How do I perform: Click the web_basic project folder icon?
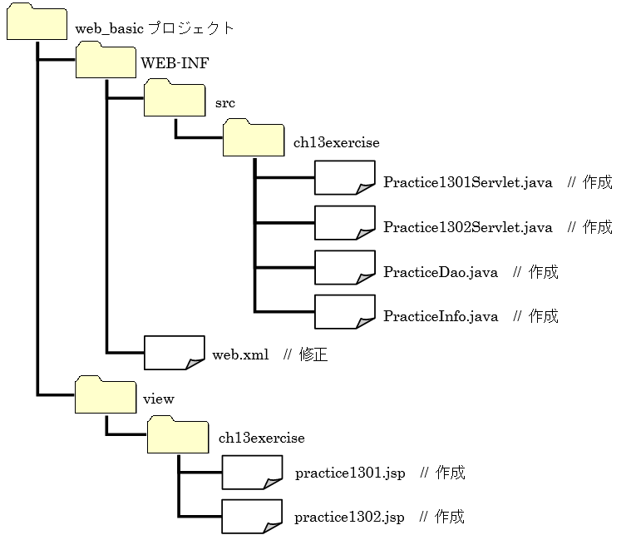click(x=37, y=22)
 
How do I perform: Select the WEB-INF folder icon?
click(x=105, y=61)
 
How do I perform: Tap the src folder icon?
click(x=174, y=100)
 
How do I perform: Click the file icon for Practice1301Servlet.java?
click(x=345, y=178)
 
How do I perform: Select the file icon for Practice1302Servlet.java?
click(x=345, y=223)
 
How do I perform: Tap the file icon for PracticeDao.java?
click(x=345, y=267)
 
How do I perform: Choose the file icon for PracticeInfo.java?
click(x=345, y=312)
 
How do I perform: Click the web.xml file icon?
click(x=175, y=353)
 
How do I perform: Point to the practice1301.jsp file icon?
click(x=253, y=473)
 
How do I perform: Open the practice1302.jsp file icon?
click(x=253, y=517)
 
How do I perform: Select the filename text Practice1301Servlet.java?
click(x=467, y=183)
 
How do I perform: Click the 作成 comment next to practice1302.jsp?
click(x=450, y=518)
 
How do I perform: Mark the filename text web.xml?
click(x=240, y=355)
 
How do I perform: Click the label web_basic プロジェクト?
click(x=155, y=28)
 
